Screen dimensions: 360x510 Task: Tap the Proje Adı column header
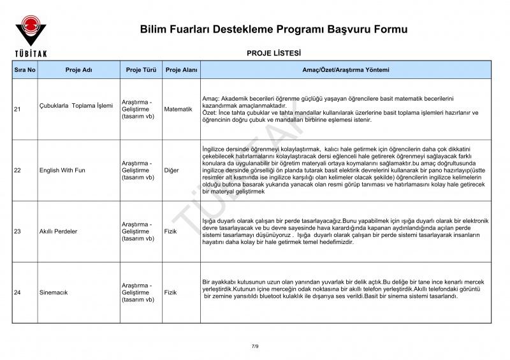(x=78, y=69)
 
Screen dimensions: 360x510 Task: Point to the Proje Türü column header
(x=141, y=69)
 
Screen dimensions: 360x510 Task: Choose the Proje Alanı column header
(x=181, y=69)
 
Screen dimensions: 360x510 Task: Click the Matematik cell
(x=178, y=110)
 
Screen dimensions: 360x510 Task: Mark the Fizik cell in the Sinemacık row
(x=170, y=292)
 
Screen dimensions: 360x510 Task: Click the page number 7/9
(x=255, y=345)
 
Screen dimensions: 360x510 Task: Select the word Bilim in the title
(x=154, y=29)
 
